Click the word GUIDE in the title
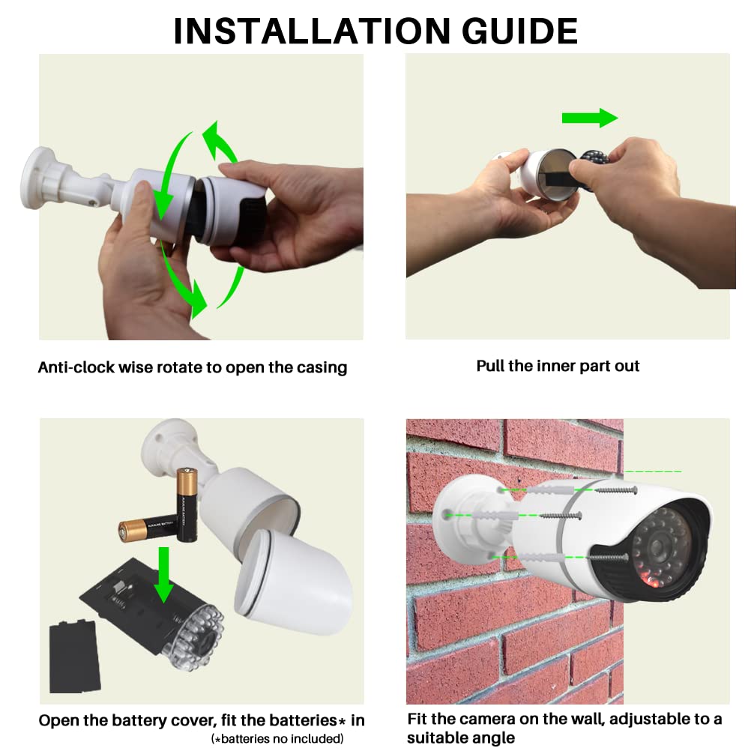(x=519, y=31)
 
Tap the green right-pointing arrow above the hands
(x=590, y=118)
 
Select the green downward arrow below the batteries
(x=164, y=575)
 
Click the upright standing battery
(x=187, y=505)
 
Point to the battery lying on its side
(x=148, y=530)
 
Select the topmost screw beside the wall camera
(x=616, y=490)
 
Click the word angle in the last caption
(x=493, y=738)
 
